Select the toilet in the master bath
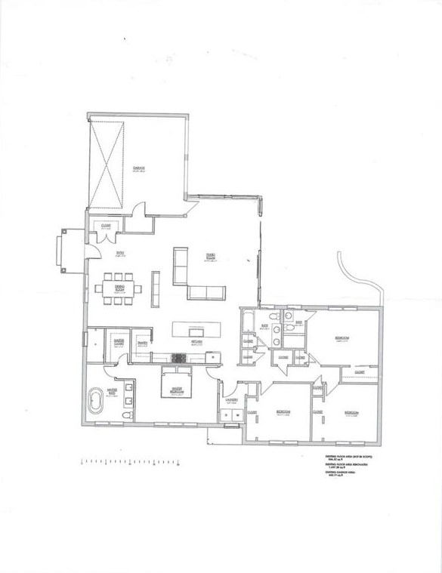(128, 415)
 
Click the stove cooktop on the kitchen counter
(180, 359)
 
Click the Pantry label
(142, 343)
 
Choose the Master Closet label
(119, 342)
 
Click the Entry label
(119, 254)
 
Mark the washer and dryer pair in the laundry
(230, 414)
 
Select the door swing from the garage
(139, 211)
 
